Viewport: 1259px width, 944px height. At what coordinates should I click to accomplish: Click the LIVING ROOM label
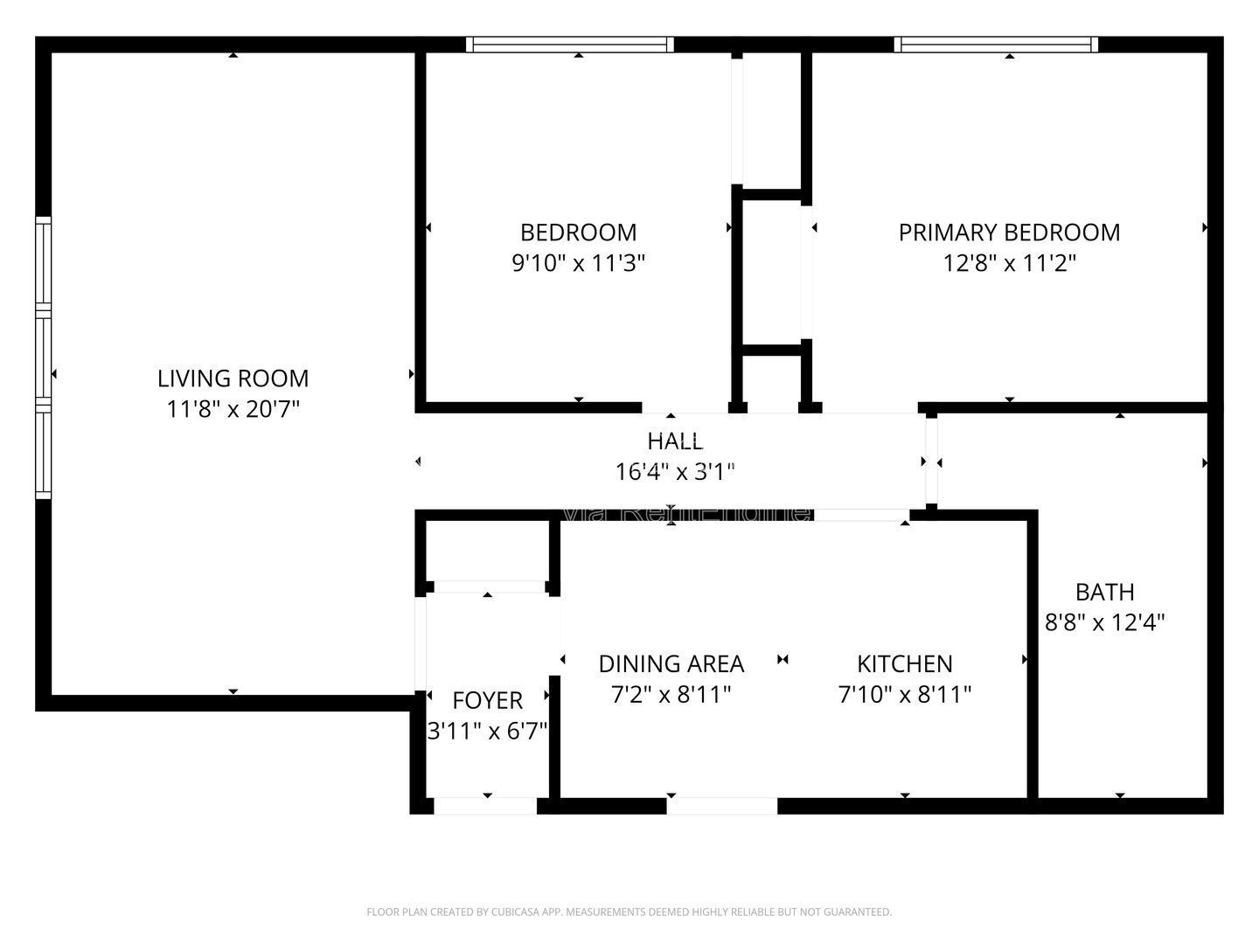(x=233, y=378)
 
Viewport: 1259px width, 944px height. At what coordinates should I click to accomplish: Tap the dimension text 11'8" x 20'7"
(x=233, y=409)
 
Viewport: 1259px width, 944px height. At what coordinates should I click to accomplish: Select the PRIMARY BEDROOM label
(x=1009, y=233)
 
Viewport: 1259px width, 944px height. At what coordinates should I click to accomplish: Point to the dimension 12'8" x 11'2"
(x=1009, y=263)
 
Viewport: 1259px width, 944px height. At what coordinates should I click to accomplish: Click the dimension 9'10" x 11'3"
(x=578, y=263)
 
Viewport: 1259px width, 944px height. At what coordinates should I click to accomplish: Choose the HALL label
(x=674, y=441)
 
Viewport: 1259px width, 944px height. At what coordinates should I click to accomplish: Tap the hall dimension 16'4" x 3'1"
(x=674, y=472)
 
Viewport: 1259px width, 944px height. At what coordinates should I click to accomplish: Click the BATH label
(x=1104, y=592)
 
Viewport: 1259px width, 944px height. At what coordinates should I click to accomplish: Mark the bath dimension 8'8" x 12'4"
(x=1104, y=623)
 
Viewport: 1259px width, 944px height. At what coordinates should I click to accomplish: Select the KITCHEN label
(x=904, y=664)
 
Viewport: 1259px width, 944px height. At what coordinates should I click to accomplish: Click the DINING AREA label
(x=671, y=664)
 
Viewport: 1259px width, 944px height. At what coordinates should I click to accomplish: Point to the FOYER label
(x=487, y=700)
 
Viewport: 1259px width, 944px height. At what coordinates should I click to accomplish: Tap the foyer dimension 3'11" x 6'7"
(x=487, y=731)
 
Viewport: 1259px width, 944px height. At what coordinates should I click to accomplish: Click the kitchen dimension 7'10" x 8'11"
(x=904, y=695)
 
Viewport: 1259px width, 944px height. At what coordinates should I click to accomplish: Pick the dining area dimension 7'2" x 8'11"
(x=671, y=695)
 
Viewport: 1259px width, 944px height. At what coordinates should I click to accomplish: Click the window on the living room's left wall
(x=43, y=358)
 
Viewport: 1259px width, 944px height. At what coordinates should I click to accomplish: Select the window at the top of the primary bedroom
(x=996, y=45)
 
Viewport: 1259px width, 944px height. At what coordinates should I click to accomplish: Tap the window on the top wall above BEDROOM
(x=570, y=45)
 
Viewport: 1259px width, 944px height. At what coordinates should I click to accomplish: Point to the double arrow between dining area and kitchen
(x=783, y=660)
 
